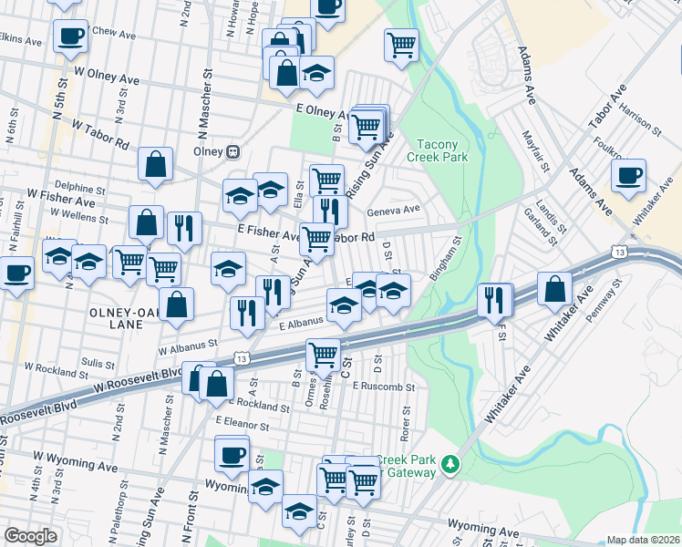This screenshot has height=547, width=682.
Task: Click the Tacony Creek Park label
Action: coord(443,150)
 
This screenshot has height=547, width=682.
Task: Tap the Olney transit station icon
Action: coord(233,151)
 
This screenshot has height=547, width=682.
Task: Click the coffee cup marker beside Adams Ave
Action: coord(628,175)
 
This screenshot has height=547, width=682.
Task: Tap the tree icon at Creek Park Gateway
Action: coord(449,466)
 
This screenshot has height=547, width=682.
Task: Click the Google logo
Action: coord(30,536)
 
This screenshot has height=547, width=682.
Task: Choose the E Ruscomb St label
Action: coord(384,386)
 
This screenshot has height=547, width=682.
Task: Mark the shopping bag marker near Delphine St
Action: coord(156,165)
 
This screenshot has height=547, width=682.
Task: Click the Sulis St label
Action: coord(97,362)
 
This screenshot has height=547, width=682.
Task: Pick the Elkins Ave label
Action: coord(21,41)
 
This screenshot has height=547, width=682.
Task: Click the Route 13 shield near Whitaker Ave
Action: coord(620,251)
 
